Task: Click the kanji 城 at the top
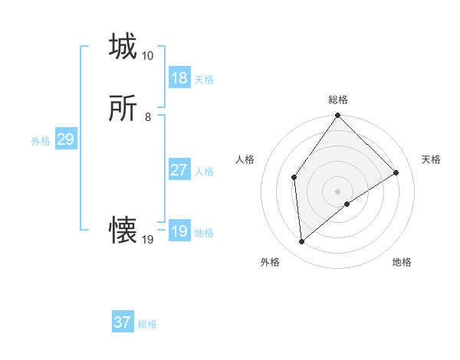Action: point(123,47)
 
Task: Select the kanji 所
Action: point(123,109)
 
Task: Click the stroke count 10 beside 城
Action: point(147,56)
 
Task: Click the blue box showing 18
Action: point(179,78)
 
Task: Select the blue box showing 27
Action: point(179,170)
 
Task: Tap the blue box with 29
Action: point(65,139)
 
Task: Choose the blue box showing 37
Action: point(123,322)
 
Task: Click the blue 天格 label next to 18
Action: point(204,80)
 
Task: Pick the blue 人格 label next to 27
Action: point(204,172)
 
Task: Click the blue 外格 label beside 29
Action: point(41,141)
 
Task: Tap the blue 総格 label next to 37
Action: point(147,324)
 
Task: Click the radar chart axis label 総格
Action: point(338,100)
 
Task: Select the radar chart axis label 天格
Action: point(431,159)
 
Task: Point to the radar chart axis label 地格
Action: point(402,262)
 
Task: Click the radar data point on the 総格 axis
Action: point(338,116)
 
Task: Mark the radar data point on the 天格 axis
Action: point(396,172)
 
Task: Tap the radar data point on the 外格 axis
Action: point(302,241)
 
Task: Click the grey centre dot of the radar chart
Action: point(338,191)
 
